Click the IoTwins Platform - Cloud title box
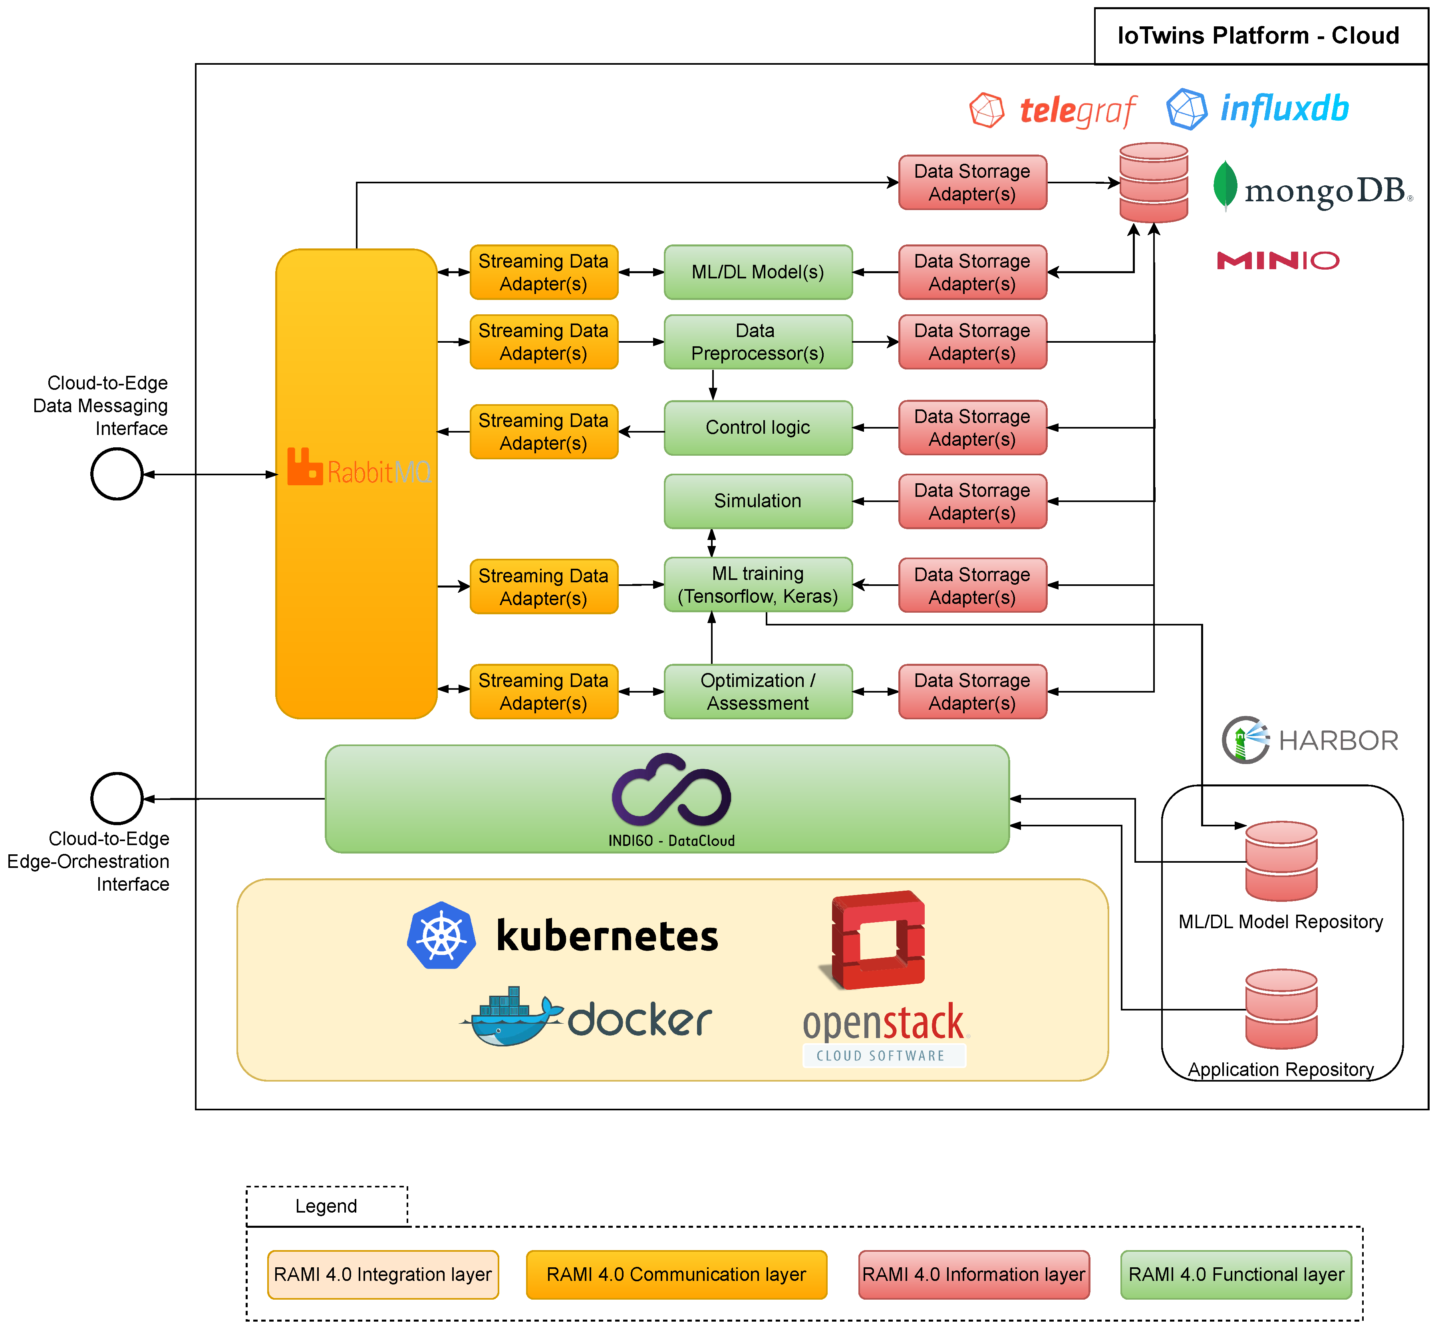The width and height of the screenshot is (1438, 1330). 1259,36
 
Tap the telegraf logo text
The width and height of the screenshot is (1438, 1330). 1077,111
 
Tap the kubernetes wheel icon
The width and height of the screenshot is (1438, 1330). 441,935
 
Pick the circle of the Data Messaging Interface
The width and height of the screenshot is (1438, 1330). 117,474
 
